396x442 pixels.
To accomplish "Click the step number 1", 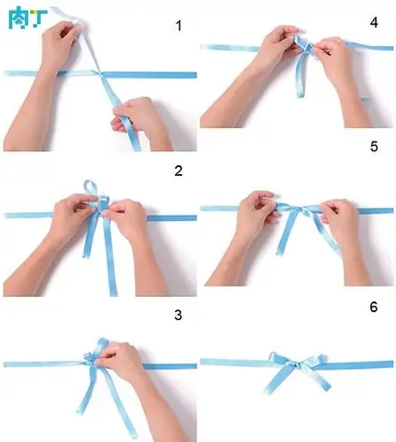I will click(179, 27).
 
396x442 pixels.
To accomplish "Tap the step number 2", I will click(179, 171).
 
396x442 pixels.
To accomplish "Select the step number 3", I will click(179, 315).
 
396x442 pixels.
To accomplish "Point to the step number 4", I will click(374, 21).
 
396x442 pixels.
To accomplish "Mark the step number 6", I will click(374, 307).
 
